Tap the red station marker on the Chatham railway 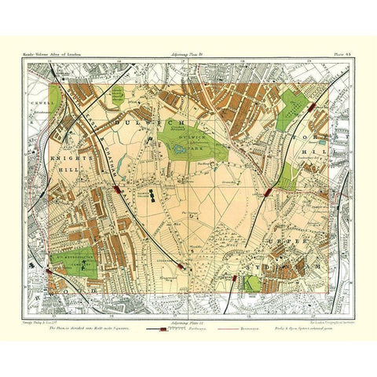tap(119, 189)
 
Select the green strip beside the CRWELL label tap(54, 98)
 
